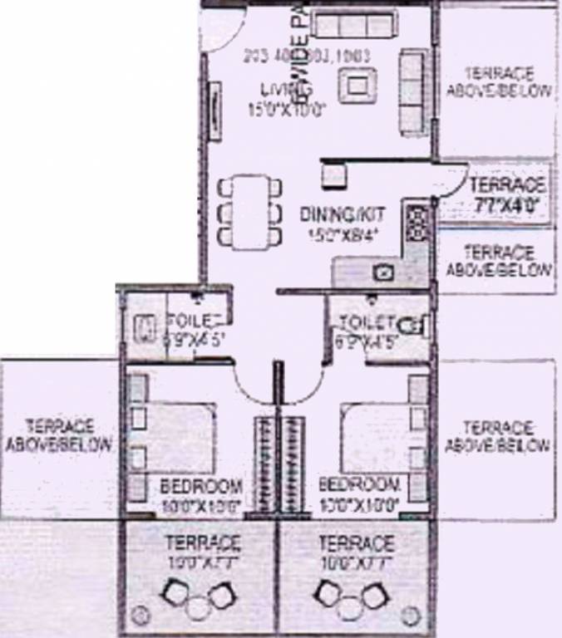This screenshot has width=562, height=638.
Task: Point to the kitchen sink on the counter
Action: tap(384, 272)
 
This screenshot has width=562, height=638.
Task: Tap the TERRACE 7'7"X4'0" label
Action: tap(506, 193)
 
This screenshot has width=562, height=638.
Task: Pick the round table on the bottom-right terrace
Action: tap(348, 606)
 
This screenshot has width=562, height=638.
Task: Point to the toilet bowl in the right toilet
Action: tap(413, 325)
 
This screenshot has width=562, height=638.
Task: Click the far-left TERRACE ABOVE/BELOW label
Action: tap(58, 434)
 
